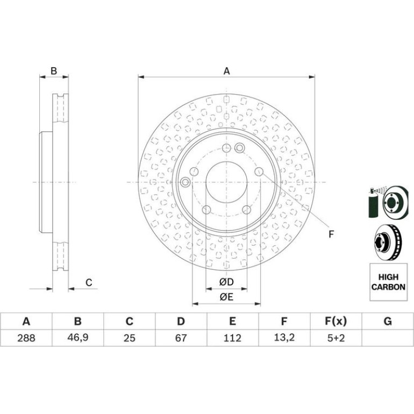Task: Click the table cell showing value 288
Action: coord(26,338)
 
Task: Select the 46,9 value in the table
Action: coord(77,338)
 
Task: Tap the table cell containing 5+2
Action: coord(336,338)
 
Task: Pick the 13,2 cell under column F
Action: coord(284,338)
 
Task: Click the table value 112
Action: coord(233,338)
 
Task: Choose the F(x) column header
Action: coord(336,322)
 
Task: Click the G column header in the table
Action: coord(388,322)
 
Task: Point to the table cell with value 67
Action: coord(181,338)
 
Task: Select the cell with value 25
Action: coord(130,338)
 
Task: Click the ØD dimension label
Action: coord(226,282)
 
